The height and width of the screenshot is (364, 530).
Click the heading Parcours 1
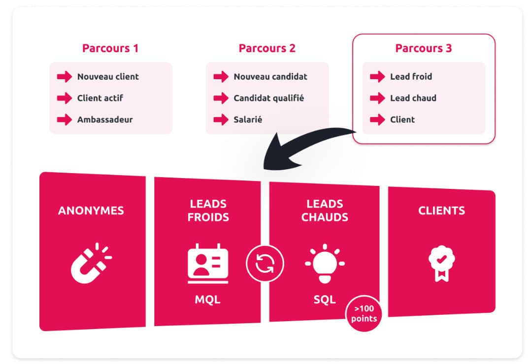[x=110, y=48]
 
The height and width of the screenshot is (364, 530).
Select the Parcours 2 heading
[x=267, y=48]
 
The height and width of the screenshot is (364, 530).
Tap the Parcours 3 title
[x=424, y=48]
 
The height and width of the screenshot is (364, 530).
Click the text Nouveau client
[x=108, y=77]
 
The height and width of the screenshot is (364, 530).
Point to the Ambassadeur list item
[x=105, y=120]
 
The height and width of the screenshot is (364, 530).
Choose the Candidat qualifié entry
[x=269, y=98]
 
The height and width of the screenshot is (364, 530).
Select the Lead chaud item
[x=413, y=98]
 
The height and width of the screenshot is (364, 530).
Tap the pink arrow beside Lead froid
[x=377, y=77]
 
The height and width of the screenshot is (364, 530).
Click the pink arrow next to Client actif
[x=65, y=98]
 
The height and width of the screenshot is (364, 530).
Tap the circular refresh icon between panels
[x=265, y=263]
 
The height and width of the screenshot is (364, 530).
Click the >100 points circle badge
[x=364, y=313]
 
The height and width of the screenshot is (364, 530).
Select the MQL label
[x=208, y=299]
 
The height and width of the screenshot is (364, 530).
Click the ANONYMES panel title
[x=91, y=211]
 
